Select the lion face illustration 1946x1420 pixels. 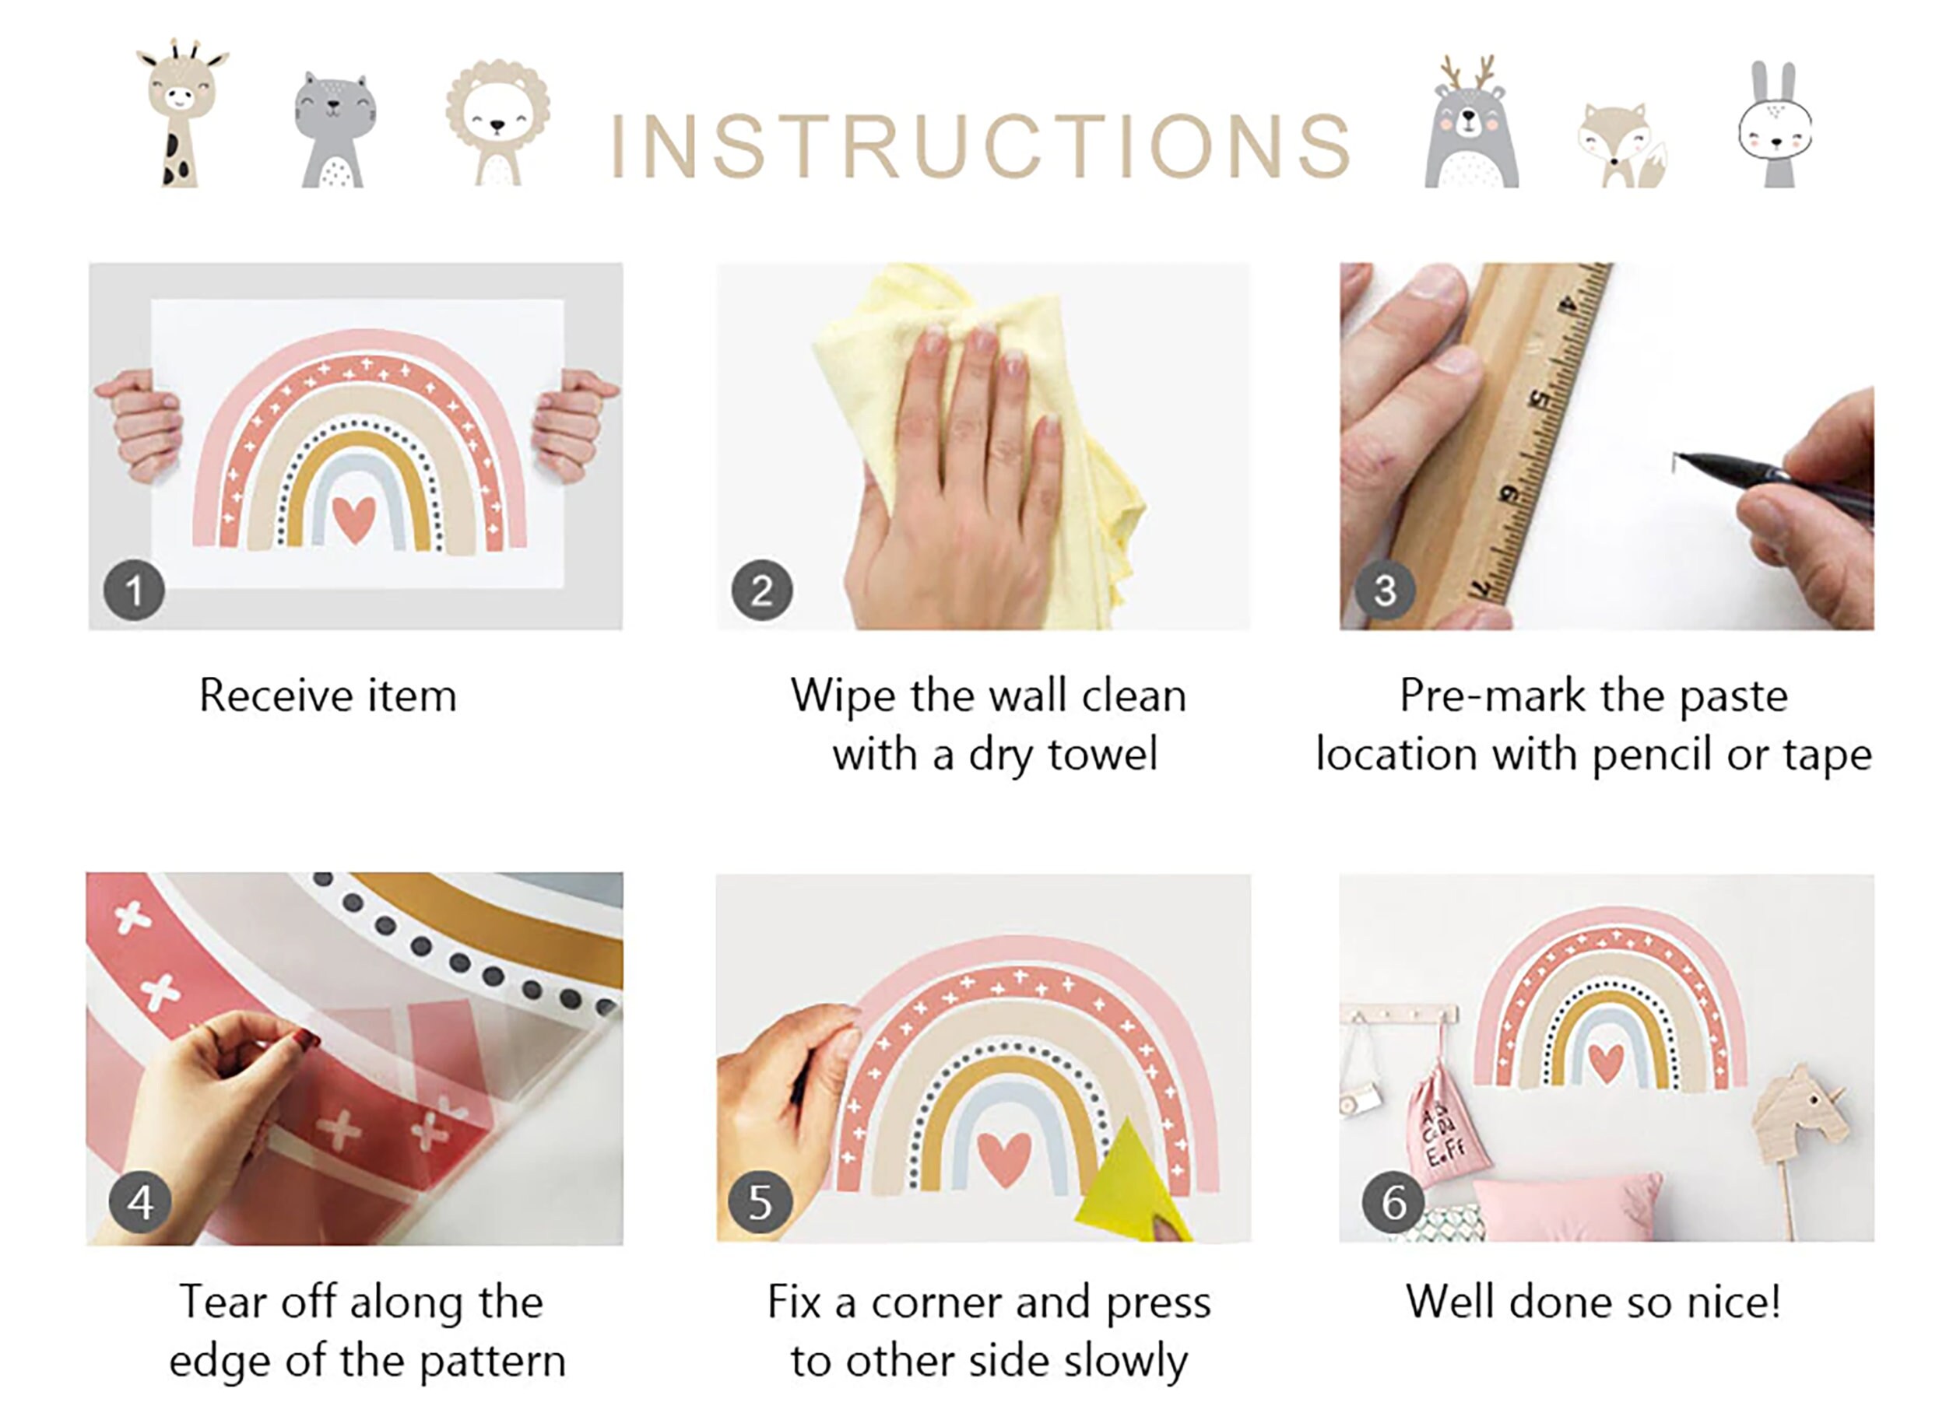pos(498,122)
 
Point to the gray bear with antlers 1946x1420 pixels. pos(1470,122)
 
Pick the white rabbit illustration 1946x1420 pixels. pos(1775,124)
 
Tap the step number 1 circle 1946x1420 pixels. pos(134,591)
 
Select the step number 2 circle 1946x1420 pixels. pos(762,591)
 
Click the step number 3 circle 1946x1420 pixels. pos(1385,591)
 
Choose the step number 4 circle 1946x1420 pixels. pos(140,1201)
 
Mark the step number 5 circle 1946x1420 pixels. pos(759,1201)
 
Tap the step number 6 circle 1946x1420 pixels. pos(1393,1201)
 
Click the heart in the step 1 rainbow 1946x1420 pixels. pos(354,519)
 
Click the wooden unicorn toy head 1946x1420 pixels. pos(1799,1111)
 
